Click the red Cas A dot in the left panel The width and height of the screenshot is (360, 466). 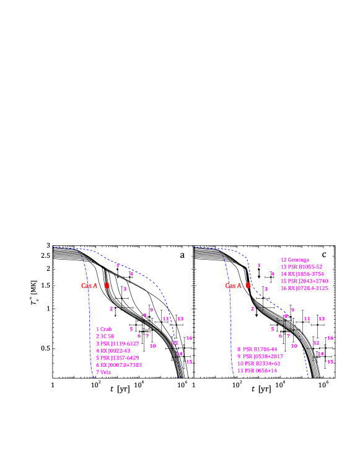(107, 286)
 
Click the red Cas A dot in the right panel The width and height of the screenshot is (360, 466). (248, 286)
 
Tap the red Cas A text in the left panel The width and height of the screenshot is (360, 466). (89, 286)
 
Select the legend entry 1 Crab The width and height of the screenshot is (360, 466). (103, 329)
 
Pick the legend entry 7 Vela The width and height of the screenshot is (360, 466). (103, 372)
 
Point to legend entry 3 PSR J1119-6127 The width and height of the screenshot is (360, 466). (117, 343)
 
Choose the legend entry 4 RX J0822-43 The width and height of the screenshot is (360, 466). (113, 351)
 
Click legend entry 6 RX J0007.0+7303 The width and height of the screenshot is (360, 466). (118, 365)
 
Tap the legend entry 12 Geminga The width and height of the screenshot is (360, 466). (294, 260)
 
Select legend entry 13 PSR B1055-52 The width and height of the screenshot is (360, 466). (301, 267)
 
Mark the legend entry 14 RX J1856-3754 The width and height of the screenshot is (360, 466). (302, 274)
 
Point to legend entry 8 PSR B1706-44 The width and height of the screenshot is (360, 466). (257, 349)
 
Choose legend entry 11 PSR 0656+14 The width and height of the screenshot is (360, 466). (257, 371)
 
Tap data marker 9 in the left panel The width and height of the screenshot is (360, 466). (151, 310)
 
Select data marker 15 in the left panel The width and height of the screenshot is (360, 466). (189, 361)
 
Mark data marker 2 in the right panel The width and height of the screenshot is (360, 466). (252, 309)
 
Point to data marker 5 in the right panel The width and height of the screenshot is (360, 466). (272, 329)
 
